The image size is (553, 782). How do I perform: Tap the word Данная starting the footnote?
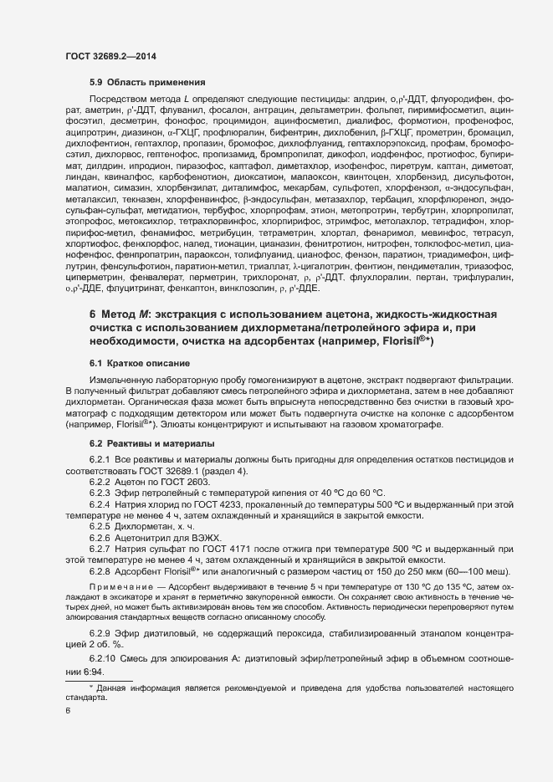point(113,664)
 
